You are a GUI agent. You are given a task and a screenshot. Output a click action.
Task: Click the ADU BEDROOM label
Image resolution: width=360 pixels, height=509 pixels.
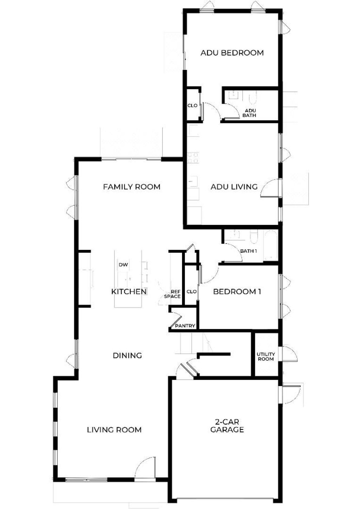[232, 53]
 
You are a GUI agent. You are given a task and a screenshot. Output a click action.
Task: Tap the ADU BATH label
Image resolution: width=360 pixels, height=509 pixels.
[249, 113]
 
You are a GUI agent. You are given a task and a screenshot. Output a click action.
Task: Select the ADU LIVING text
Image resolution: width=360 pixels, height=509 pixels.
[234, 187]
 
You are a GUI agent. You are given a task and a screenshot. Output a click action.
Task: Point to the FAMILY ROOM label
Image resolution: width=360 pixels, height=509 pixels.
[131, 187]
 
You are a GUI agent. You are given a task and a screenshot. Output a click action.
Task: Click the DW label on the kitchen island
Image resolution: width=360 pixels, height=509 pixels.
[123, 265]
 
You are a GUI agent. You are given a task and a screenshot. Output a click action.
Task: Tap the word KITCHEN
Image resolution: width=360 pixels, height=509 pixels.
[129, 291]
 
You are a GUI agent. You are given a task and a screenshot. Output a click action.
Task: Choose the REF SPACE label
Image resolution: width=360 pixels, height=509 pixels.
[172, 294]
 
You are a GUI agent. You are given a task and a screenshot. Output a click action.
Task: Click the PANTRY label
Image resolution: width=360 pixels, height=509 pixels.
[185, 326]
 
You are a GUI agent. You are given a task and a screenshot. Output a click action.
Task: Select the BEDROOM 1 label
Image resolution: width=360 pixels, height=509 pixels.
[237, 291]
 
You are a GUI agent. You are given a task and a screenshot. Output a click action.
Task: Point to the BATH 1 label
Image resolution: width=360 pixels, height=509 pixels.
[249, 251]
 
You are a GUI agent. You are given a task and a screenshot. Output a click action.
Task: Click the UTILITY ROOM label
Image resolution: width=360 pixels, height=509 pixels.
[266, 356]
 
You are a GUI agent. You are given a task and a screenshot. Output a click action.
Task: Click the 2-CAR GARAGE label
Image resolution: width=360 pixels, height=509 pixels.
[227, 426]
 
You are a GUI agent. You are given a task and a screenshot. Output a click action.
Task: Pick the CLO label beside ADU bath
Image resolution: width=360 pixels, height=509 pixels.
[192, 106]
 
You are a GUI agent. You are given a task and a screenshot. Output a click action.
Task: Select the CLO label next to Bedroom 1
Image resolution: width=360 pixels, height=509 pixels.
[191, 291]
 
